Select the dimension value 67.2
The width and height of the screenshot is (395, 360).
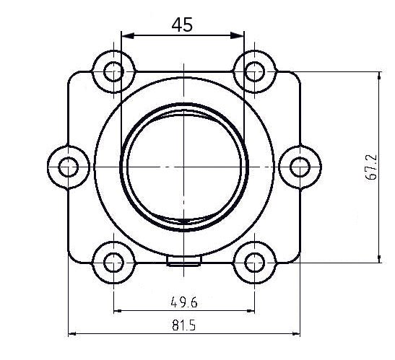[371, 167]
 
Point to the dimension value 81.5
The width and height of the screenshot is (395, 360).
[183, 325]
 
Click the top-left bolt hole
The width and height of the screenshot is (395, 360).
[113, 71]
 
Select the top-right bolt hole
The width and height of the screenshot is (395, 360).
[253, 71]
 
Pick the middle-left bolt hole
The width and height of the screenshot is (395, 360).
[69, 167]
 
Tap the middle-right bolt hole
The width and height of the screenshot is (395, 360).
[298, 167]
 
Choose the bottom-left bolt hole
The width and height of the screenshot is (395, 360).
[113, 263]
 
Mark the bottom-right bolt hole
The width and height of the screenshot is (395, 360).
[253, 263]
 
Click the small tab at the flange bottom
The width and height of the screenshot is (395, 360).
[183, 261]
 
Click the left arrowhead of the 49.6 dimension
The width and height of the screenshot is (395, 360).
[117, 312]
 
